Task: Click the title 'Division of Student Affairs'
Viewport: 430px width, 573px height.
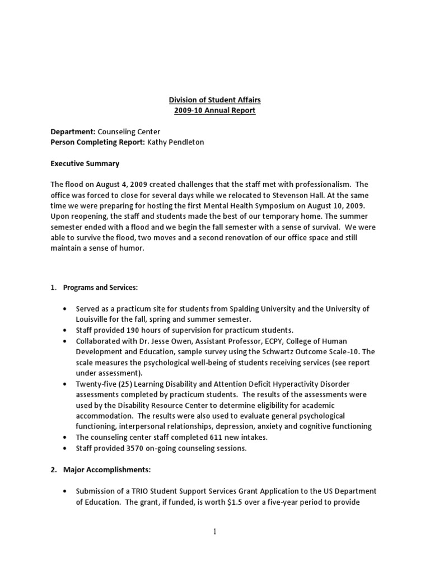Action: click(215, 100)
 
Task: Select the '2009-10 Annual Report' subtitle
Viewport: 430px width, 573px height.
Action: click(215, 111)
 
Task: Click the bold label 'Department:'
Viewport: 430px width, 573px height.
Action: click(73, 131)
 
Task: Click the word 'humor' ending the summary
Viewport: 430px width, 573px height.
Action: click(132, 248)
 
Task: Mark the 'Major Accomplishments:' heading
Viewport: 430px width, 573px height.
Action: click(101, 469)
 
